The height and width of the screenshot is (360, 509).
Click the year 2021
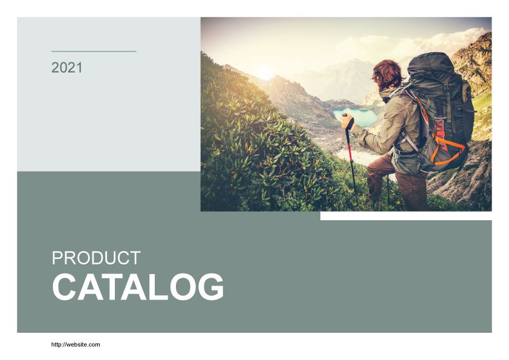click(67, 68)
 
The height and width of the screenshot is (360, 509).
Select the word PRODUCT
click(96, 258)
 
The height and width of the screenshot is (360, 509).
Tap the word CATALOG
click(138, 287)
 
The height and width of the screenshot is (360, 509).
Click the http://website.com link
click(76, 344)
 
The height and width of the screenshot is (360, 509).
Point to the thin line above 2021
click(94, 51)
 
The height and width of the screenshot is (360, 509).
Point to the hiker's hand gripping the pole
click(347, 122)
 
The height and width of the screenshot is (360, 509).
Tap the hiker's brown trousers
click(399, 183)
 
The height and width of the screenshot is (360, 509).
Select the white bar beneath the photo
click(406, 216)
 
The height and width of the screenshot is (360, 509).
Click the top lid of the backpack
click(430, 64)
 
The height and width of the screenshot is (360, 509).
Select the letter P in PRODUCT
click(57, 258)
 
